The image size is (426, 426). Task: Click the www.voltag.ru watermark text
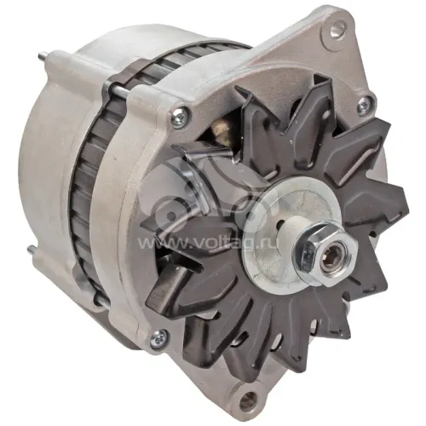[207, 243]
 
